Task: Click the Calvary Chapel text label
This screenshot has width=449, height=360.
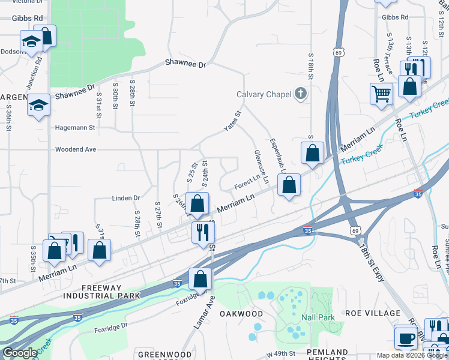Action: (x=263, y=94)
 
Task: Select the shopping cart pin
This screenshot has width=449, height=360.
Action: (x=381, y=94)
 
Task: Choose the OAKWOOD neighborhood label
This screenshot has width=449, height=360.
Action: (x=241, y=314)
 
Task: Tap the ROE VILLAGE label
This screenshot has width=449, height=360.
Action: (x=373, y=313)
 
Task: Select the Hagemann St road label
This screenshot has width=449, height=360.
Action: (x=75, y=128)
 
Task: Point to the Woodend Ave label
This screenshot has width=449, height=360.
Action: (x=76, y=149)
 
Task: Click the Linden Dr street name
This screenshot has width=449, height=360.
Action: (x=125, y=197)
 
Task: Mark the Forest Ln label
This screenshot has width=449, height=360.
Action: (x=247, y=181)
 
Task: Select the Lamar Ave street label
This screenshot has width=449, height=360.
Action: (x=203, y=314)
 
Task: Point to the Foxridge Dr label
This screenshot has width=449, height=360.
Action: (x=111, y=326)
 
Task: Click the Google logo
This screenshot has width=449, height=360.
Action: (x=20, y=353)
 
